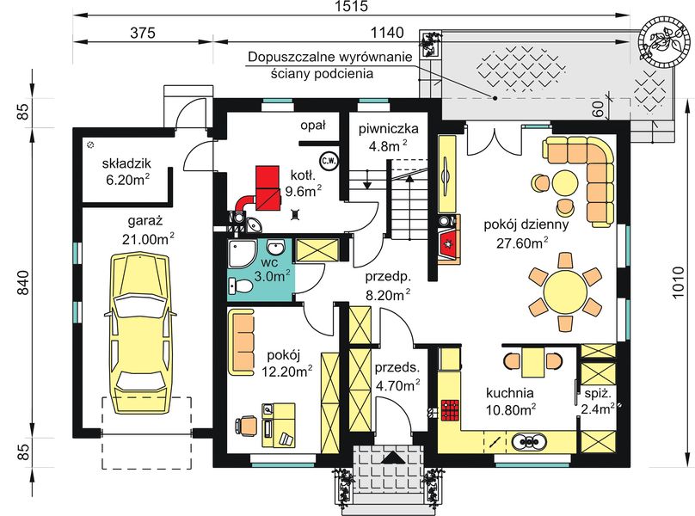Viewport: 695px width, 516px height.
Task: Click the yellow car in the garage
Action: pos(140,334)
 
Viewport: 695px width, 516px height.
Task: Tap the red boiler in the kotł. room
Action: pos(268,187)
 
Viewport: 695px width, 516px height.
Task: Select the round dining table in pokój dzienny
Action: pos(565,292)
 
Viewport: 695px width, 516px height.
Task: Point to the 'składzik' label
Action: pos(126,163)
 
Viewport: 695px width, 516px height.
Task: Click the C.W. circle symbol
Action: pos(329,161)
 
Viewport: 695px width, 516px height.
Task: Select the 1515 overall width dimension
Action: pos(352,6)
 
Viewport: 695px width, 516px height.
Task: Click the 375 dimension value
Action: pos(143,33)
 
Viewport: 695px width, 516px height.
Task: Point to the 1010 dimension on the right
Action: pos(677,282)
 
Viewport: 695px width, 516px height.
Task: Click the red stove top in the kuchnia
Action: pos(450,409)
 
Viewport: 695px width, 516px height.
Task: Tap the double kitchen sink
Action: pos(529,441)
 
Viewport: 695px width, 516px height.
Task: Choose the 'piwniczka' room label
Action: pos(388,129)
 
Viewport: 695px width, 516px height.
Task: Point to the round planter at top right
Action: pos(664,40)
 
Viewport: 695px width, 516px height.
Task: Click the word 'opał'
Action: pos(313,126)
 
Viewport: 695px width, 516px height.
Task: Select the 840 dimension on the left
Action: pos(23,282)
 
